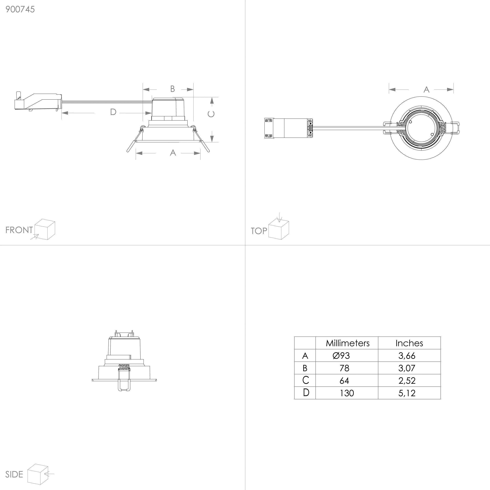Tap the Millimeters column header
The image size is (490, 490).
pos(348,343)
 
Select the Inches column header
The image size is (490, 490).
pos(409,343)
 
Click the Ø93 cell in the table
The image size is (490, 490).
pos(341,356)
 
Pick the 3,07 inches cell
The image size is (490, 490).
pos(407,368)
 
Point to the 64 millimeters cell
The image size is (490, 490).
pos(344,381)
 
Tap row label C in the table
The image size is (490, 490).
pos(306,380)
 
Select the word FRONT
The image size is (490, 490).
pos(19,230)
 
